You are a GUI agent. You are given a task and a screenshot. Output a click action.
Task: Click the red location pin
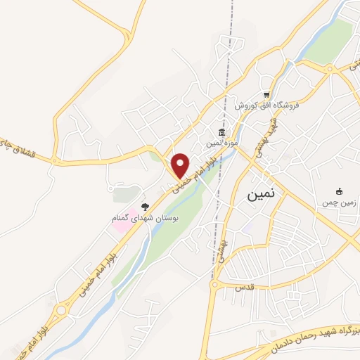coord(181,165)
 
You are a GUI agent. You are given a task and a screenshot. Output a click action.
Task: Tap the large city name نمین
coord(262,196)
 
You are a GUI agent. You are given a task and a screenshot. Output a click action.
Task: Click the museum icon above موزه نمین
coord(222,132)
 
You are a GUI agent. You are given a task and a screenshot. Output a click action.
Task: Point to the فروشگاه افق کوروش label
coord(266,105)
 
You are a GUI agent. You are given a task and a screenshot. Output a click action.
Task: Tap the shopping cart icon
coord(266,94)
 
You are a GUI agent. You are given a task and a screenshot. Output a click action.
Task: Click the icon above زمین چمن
coord(339,191)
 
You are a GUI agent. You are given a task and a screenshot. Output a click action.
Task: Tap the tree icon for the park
coord(145,207)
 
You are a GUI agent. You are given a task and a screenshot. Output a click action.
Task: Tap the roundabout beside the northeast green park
coord(328,67)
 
